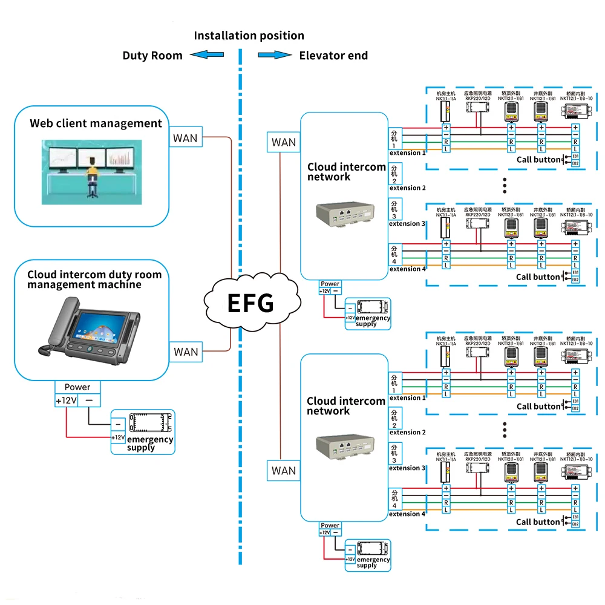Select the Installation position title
249,36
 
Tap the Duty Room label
152,56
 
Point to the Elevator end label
333,56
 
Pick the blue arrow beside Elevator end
275,55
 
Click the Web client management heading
96,123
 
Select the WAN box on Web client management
185,138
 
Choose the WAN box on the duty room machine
186,352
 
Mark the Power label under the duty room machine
77,387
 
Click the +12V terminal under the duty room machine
66,401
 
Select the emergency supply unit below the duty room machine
142,432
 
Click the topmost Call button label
538,160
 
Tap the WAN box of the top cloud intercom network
284,142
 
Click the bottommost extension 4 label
407,514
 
